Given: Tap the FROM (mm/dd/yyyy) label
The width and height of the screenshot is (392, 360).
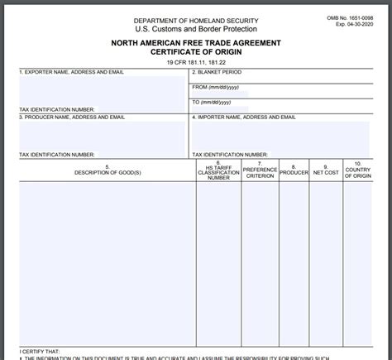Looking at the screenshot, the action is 216,86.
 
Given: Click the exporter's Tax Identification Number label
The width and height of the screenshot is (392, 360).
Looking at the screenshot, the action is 56,109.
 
